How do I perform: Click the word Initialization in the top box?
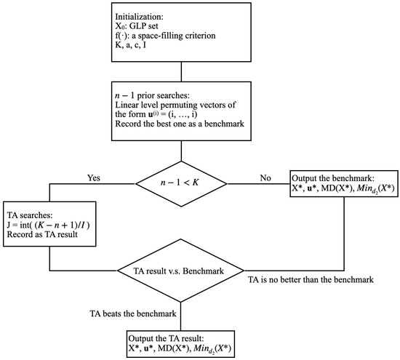pyautogui.click(x=140, y=17)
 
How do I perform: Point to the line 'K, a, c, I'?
pyautogui.click(x=131, y=45)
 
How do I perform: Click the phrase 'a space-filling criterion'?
pyautogui.click(x=174, y=36)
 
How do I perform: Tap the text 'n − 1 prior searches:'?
pyautogui.click(x=153, y=96)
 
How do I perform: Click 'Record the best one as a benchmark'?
pyautogui.click(x=180, y=124)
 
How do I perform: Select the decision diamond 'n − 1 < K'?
pyautogui.click(x=181, y=184)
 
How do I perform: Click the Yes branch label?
pyautogui.click(x=94, y=177)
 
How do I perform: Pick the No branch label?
pyautogui.click(x=265, y=177)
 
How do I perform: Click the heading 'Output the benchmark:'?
pyautogui.click(x=332, y=178)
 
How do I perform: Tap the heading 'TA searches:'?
pyautogui.click(x=30, y=215)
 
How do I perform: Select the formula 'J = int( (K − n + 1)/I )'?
pyautogui.click(x=49, y=225)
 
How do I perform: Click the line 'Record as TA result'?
pyautogui.click(x=42, y=234)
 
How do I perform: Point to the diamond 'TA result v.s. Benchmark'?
pyautogui.click(x=180, y=271)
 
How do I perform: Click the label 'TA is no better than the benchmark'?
pyautogui.click(x=311, y=280)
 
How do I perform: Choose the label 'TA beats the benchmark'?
pyautogui.click(x=133, y=313)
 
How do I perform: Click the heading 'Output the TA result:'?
pyautogui.click(x=166, y=339)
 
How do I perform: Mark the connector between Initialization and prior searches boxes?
pyautogui.click(x=181, y=72)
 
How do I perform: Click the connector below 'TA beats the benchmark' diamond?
pyautogui.click(x=181, y=316)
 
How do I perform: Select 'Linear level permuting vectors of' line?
pyautogui.click(x=175, y=105)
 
